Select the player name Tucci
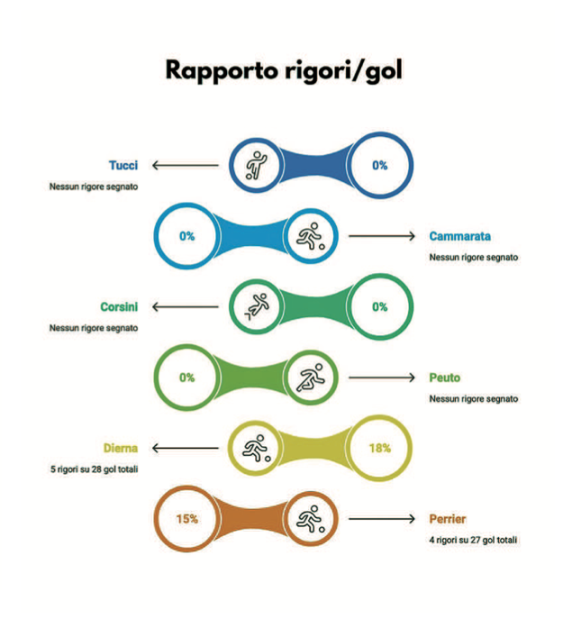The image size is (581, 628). click(123, 165)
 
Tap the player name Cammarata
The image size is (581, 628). click(459, 236)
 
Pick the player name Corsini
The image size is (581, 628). click(118, 307)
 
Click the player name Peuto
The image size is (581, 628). click(445, 378)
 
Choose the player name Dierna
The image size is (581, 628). click(120, 448)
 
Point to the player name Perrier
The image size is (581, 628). click(448, 519)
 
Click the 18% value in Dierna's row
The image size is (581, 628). click(379, 448)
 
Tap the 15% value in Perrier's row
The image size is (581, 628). click(186, 519)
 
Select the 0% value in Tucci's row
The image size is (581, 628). click(379, 165)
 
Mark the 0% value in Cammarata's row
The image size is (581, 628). click(186, 236)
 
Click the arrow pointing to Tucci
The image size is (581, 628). click(185, 165)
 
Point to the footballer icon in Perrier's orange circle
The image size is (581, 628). click(310, 519)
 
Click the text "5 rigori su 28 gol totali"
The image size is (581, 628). click(94, 469)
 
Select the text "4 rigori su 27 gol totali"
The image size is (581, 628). click(474, 540)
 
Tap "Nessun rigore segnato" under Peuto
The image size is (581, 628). click(474, 398)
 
